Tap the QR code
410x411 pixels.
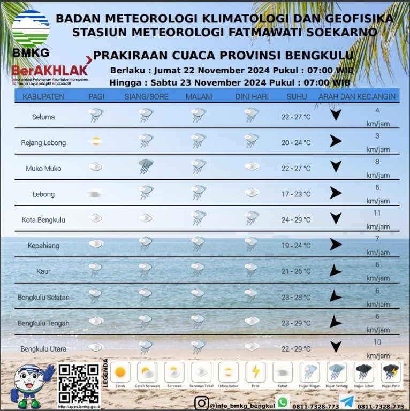79,384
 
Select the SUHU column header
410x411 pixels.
297,97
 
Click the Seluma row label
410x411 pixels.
43,117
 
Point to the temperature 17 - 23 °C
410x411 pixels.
296,194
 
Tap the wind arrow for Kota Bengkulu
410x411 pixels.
336,218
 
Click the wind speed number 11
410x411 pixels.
377,213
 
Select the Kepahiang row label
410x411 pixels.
43,246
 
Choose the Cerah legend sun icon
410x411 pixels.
120,371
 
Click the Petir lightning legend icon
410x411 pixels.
255,371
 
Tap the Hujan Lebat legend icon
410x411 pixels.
364,371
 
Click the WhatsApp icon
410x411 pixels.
283,401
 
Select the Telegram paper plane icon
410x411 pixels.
347,401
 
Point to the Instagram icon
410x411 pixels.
201,403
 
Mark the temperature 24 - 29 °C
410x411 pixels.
296,220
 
